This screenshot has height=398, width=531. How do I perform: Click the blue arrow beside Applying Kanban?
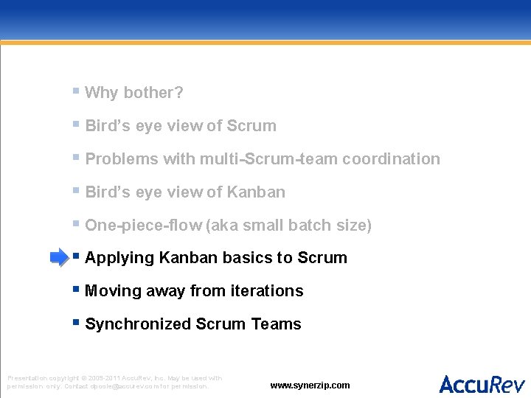pyautogui.click(x=58, y=257)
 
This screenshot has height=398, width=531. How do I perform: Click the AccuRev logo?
pyautogui.click(x=482, y=384)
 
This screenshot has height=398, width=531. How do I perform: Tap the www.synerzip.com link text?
pyautogui.click(x=310, y=385)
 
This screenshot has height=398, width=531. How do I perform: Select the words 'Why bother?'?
pyautogui.click(x=134, y=93)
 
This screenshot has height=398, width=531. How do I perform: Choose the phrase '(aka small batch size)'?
pyautogui.click(x=290, y=226)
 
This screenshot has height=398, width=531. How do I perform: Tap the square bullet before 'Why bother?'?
pyautogui.click(x=76, y=91)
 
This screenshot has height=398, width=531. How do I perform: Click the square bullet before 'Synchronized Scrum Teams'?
pyautogui.click(x=76, y=323)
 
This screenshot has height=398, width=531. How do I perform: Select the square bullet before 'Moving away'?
pyautogui.click(x=76, y=290)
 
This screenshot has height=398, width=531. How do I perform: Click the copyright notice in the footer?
pyautogui.click(x=114, y=382)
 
